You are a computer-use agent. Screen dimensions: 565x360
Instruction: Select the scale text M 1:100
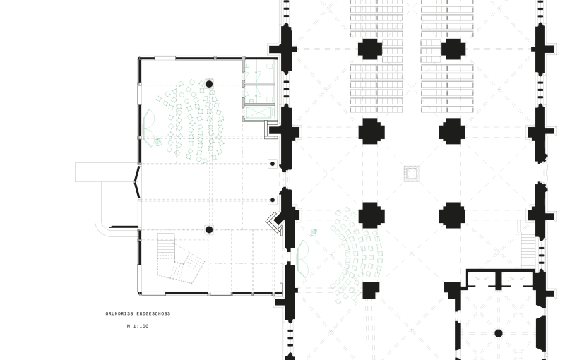[138, 326]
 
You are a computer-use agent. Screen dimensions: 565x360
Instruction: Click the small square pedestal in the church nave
[412, 174]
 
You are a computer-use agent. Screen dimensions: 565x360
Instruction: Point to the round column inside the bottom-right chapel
[499, 333]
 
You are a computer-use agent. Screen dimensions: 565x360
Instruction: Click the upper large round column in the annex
[209, 84]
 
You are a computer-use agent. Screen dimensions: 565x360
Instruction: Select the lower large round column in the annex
[209, 229]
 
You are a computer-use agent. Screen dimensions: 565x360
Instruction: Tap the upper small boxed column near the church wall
[273, 164]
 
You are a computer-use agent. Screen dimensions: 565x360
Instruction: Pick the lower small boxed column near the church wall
[273, 200]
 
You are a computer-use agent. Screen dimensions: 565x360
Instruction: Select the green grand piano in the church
[302, 259]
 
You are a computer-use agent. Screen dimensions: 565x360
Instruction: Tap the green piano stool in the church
[314, 232]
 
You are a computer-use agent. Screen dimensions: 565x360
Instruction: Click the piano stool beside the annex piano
[157, 142]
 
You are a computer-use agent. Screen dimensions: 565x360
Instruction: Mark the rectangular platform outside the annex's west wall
[107, 172]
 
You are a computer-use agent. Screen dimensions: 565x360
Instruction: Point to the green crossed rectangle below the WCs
[259, 112]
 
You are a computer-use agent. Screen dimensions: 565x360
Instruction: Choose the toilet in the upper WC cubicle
[270, 67]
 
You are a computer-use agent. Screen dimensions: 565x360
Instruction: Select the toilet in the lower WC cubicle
[270, 99]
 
